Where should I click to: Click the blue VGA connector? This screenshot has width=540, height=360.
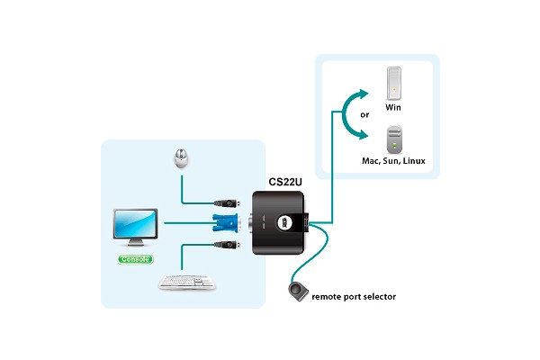point(226,222)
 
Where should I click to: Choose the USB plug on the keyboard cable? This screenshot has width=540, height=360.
point(226,244)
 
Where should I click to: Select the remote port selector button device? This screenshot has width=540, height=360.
point(299,292)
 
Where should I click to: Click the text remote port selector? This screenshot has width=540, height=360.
point(354,296)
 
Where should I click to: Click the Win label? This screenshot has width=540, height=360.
point(392,107)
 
